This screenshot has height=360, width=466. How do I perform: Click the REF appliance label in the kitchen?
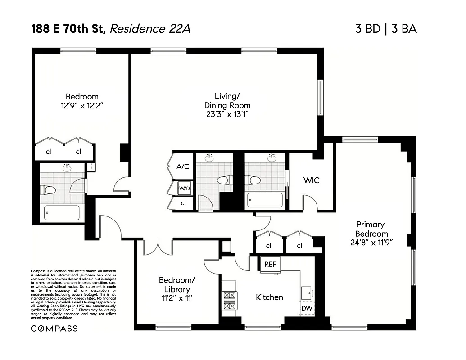pyautogui.click(x=270, y=265)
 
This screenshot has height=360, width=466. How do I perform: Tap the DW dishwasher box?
pyautogui.click(x=307, y=308)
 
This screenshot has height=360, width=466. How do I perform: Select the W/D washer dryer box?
pyautogui.click(x=184, y=188)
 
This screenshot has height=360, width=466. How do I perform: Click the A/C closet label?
pyautogui.click(x=183, y=166)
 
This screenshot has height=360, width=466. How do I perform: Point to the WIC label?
pyautogui.click(x=311, y=180)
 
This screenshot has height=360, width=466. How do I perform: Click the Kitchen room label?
pyautogui.click(x=269, y=297)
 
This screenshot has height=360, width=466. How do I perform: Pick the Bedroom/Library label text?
pyautogui.click(x=177, y=284)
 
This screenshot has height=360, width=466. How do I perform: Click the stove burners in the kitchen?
pyautogui.click(x=229, y=301)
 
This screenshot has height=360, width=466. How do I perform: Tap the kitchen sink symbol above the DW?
pyautogui.click(x=308, y=292)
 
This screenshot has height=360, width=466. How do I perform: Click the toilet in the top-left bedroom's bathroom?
pyautogui.click(x=47, y=190)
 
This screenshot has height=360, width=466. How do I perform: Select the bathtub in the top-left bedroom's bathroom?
pyautogui.click(x=62, y=212)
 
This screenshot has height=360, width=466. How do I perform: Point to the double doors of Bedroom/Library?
pyautogui.click(x=158, y=247)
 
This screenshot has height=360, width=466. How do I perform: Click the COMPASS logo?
pyautogui.click(x=54, y=328)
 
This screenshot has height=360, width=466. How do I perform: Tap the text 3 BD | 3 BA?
pyautogui.click(x=386, y=29)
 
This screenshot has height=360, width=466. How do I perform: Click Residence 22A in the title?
pyautogui.click(x=150, y=29)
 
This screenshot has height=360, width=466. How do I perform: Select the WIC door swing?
pyautogui.click(x=311, y=203)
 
